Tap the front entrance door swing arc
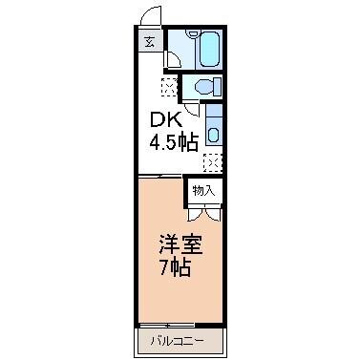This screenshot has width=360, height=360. [x=147, y=16]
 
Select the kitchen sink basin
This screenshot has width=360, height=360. [x=214, y=131]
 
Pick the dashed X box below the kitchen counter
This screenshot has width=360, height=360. [x=213, y=160]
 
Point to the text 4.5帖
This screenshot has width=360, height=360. [x=173, y=144]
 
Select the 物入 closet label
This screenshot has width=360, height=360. [x=203, y=189]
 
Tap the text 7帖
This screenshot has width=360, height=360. [x=176, y=267]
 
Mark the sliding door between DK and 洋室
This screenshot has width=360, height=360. [x=160, y=176]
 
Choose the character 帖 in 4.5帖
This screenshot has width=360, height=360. [x=189, y=144]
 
